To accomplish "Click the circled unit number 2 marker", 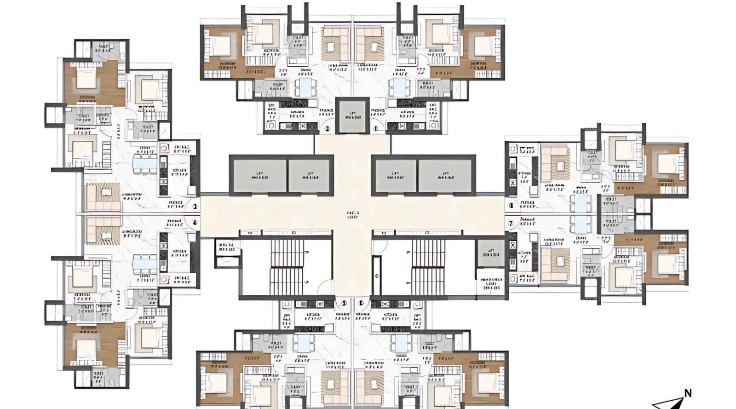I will tap(328, 129).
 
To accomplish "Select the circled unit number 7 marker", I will tap(511, 224).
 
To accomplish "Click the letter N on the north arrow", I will tap(688, 393).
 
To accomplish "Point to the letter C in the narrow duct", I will tap(377, 276).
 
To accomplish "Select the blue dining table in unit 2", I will tap(304, 87).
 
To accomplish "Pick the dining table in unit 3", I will tap(145, 164).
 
